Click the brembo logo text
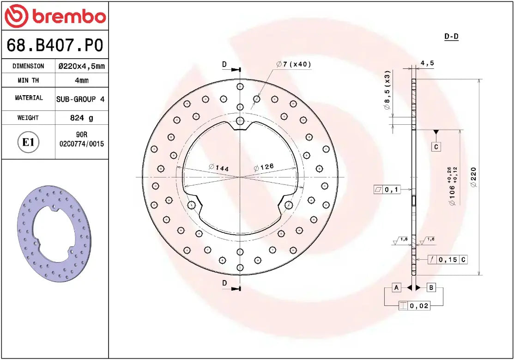pos(68,17)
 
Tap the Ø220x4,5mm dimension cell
pos(82,66)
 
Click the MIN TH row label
pos(28,80)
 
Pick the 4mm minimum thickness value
pos(82,80)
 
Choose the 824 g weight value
pos(82,118)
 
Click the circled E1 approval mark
pos(29,142)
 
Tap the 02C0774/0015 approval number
pos(82,144)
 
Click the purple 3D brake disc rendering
pos(54,234)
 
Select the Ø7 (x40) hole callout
pos(294,64)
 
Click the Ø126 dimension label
pos(264,167)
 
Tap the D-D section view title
pos(451,37)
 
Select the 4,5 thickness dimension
pos(427,63)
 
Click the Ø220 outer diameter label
pos(473,177)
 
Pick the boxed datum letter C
pos(436,147)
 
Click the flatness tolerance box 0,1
pos(387,189)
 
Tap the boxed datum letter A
pos(396,287)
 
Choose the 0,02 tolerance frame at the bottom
pos(414,305)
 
